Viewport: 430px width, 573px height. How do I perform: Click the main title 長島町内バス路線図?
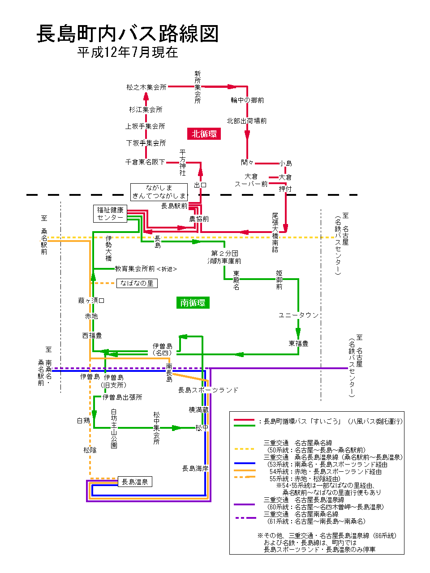(128, 34)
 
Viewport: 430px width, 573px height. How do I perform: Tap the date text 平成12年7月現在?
(128, 52)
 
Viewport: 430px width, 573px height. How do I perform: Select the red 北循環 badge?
(204, 134)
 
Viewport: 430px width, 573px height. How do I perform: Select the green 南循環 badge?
(193, 303)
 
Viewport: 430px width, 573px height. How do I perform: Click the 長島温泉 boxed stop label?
(134, 482)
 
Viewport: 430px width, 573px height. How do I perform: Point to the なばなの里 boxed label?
(137, 283)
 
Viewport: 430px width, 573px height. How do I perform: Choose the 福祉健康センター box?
(110, 214)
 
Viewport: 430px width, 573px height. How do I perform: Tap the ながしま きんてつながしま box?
(159, 192)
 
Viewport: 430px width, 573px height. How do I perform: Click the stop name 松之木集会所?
(146, 87)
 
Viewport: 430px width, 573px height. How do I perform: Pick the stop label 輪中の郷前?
(247, 100)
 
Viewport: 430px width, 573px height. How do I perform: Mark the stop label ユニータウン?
(298, 315)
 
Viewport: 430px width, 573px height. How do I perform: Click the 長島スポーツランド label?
(208, 390)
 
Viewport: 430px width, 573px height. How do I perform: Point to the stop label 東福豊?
(298, 344)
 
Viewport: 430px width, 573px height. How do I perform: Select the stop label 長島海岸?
(195, 469)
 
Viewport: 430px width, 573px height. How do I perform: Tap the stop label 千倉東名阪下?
(145, 162)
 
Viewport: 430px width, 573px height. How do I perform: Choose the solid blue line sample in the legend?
(245, 463)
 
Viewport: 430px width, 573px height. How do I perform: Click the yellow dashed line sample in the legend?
(245, 448)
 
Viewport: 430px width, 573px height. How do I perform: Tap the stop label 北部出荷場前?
(246, 121)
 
